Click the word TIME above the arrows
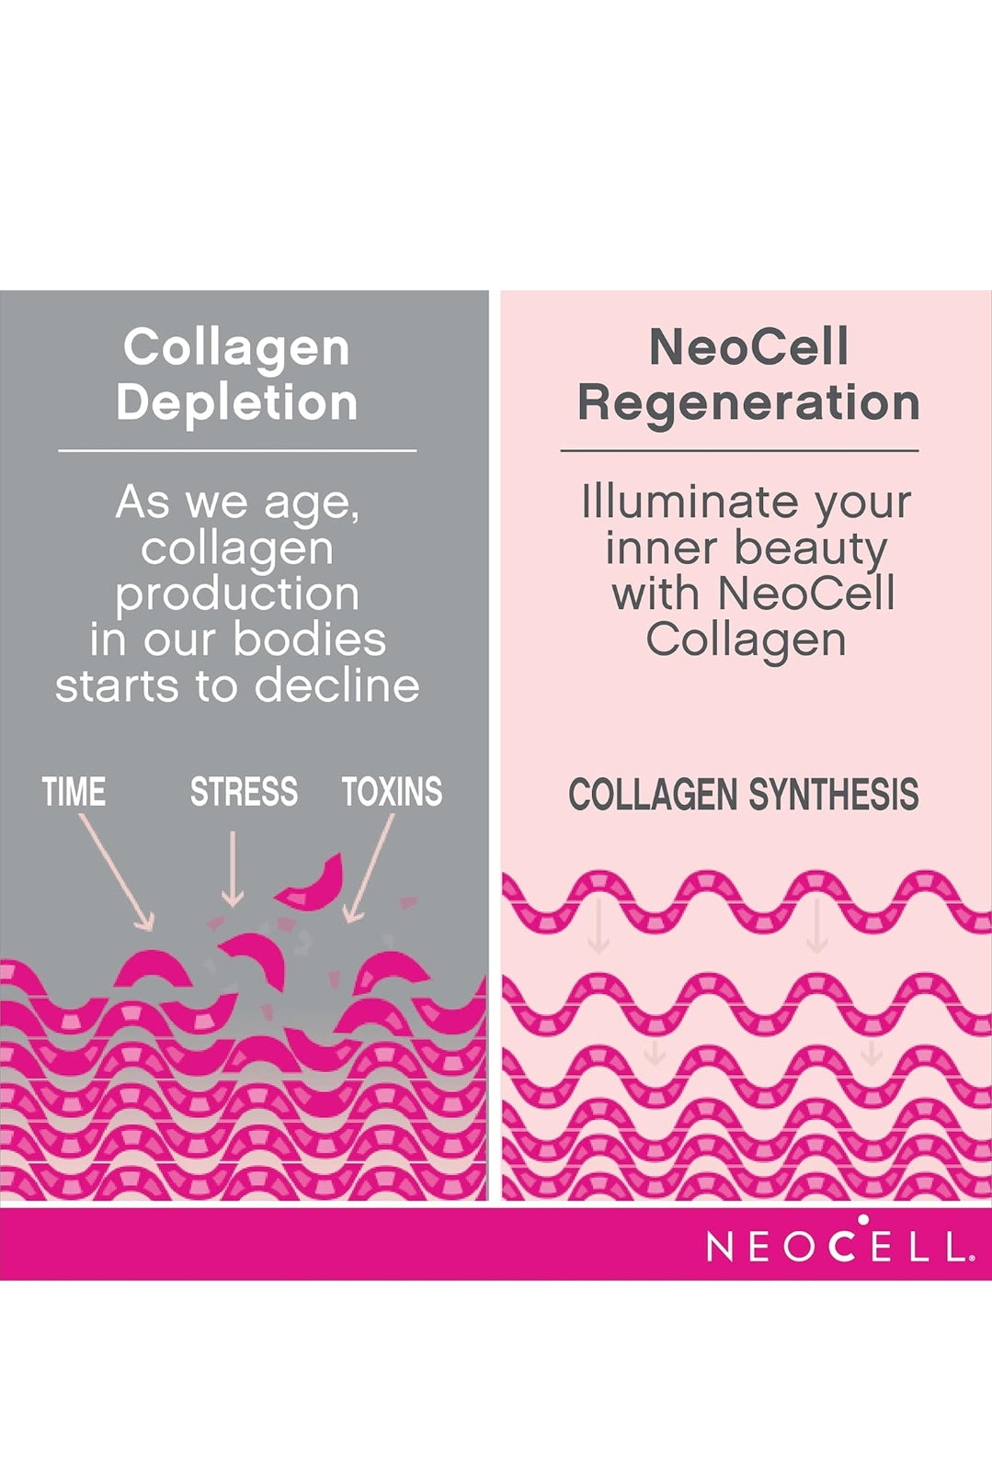pos(74,791)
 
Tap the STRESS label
pos(244,791)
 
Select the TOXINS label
pos(392,791)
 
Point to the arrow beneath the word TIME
pos(116,872)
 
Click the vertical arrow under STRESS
pos(233,868)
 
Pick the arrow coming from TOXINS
pos(370,868)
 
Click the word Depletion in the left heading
pos(237,402)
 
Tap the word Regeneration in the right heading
pos(748,402)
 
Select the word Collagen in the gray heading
pos(236,347)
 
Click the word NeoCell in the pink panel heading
pos(748,347)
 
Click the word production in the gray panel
pos(237,595)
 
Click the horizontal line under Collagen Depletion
pos(237,450)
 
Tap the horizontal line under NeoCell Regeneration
pos(739,450)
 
